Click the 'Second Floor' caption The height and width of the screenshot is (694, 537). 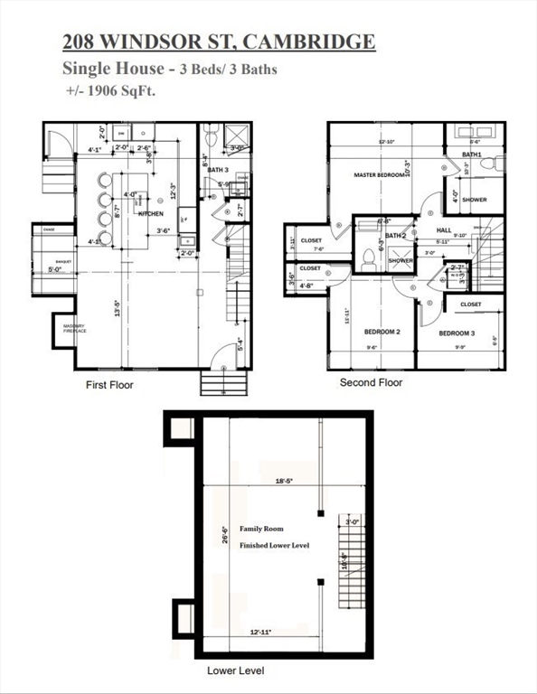[371, 382]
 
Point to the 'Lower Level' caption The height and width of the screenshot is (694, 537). [235, 671]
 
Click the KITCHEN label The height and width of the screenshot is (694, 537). [150, 213]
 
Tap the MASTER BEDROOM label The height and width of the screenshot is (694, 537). [379, 175]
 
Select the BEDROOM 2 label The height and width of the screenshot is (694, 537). [382, 332]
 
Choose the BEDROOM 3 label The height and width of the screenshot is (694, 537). [457, 333]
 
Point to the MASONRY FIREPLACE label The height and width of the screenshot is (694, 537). [73, 329]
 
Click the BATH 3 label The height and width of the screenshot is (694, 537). [218, 169]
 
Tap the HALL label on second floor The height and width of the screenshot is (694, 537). [444, 230]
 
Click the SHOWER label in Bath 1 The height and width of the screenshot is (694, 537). [474, 200]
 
